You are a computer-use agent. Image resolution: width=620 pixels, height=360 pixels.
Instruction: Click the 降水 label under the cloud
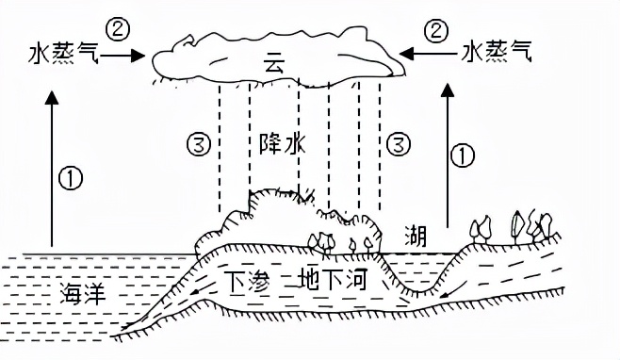280,144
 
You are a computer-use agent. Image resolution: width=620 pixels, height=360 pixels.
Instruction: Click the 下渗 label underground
246,280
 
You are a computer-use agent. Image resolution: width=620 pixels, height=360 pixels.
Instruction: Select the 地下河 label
334,280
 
